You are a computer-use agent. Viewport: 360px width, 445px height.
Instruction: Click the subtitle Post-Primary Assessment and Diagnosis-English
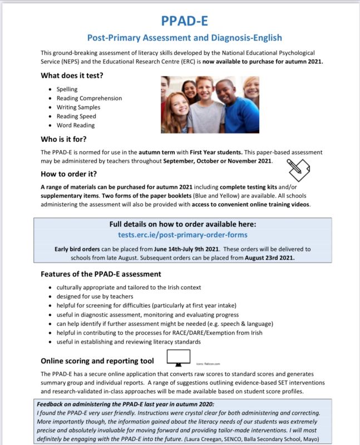(184, 38)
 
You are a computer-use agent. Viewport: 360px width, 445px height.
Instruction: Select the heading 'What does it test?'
(75, 75)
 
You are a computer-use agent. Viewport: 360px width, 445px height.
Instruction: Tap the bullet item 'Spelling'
(67, 89)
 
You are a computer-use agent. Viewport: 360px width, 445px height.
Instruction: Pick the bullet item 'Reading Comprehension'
(89, 98)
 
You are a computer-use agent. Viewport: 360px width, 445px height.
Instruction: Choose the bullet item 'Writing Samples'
(78, 107)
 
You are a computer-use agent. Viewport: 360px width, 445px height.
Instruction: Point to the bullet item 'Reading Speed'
(76, 116)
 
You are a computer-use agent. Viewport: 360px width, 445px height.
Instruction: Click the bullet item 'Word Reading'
(76, 125)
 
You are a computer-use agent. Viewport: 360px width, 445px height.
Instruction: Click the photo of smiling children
(210, 104)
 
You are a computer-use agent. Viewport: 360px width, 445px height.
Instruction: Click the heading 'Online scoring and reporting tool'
(97, 361)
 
